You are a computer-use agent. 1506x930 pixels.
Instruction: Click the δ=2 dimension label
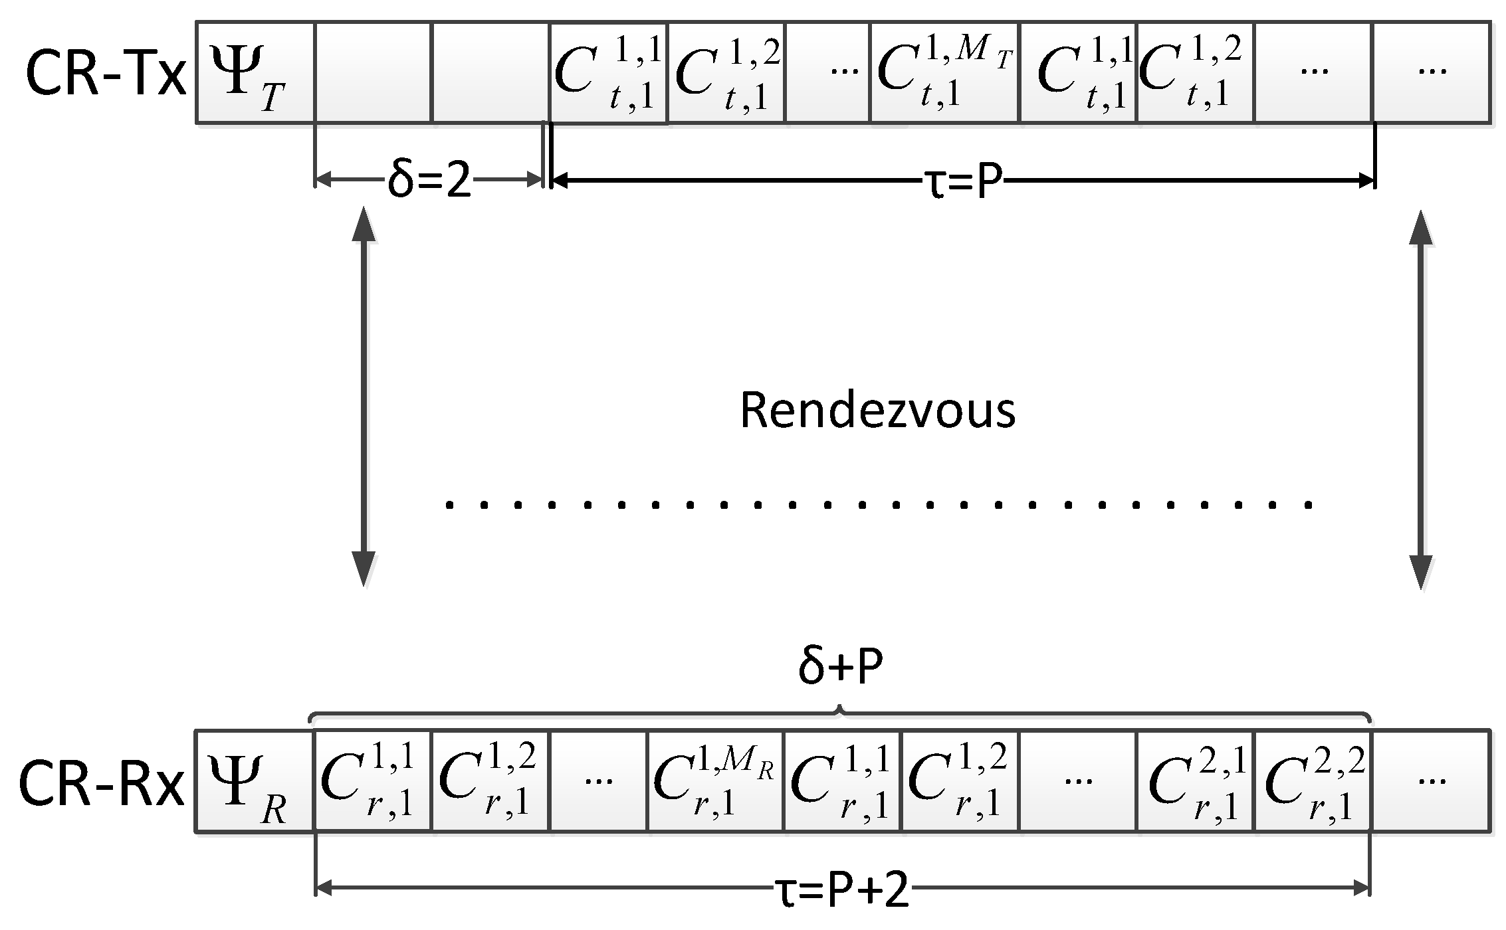pos(429,180)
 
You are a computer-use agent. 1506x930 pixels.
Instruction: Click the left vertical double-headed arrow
pos(363,397)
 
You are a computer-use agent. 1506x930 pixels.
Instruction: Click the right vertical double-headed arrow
pos(1420,400)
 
